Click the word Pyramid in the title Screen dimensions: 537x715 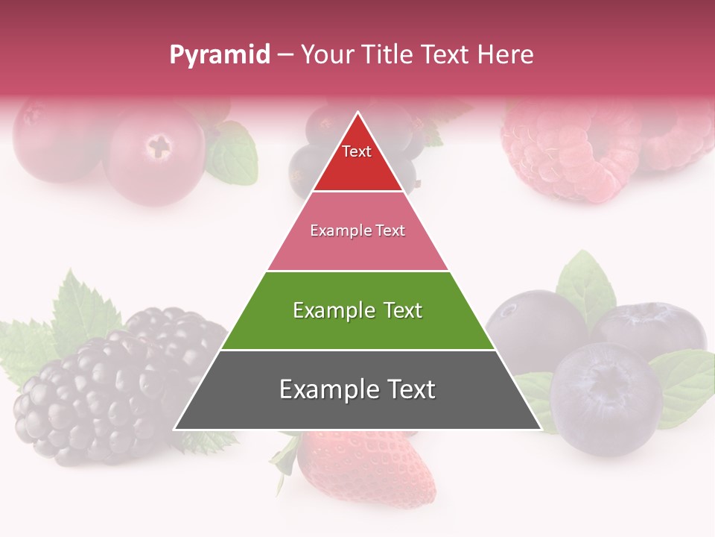220,55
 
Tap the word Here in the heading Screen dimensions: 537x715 505,54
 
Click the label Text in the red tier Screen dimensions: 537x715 357,151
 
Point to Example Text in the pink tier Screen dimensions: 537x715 357,230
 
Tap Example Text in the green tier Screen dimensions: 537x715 357,310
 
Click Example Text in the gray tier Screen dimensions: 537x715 357,389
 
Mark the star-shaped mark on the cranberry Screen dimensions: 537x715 159,145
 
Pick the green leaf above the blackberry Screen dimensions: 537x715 78,306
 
